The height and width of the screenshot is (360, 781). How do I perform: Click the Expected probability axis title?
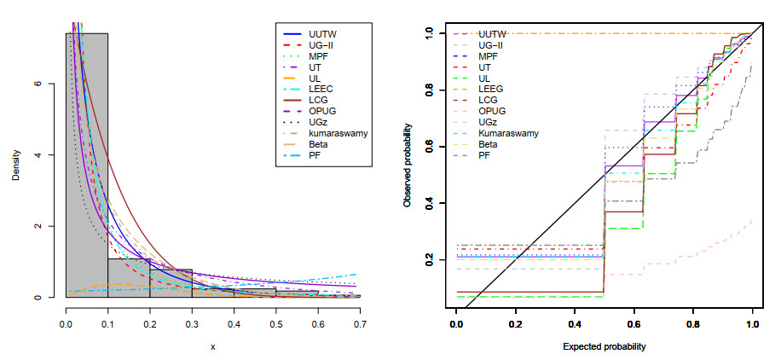pyautogui.click(x=605, y=346)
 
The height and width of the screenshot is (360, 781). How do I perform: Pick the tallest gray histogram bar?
pyautogui.click(x=86, y=162)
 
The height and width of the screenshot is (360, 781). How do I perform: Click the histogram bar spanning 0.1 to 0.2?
pyautogui.click(x=128, y=278)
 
